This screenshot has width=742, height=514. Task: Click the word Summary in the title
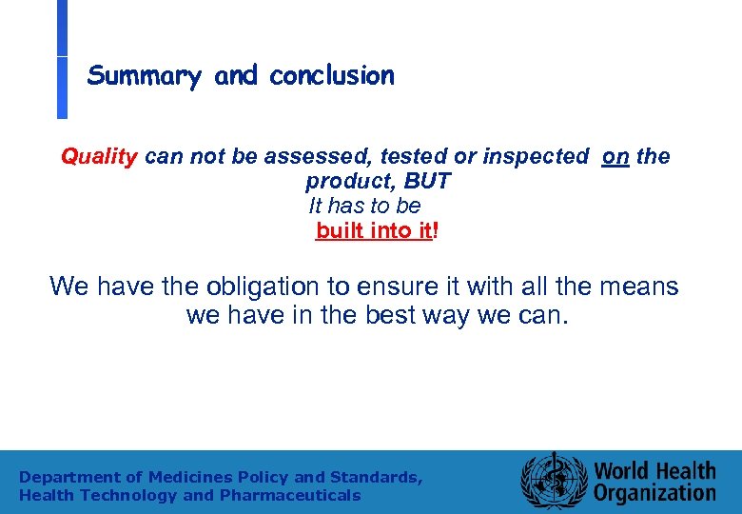pos(144,76)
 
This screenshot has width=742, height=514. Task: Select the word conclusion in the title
pos(331,76)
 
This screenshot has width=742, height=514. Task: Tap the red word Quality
pos(100,156)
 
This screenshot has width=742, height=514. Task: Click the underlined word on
pos(615,156)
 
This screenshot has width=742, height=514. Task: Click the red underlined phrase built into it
pos(374,230)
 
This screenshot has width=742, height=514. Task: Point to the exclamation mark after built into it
pos(436,230)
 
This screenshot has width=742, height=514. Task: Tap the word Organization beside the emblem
pos(654,493)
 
